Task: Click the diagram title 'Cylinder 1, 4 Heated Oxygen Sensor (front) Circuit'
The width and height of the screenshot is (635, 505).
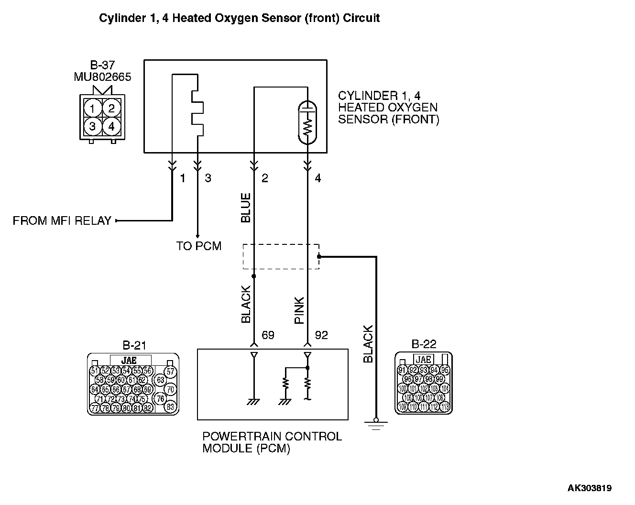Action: pos(239,18)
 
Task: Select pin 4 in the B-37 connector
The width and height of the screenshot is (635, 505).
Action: pos(111,127)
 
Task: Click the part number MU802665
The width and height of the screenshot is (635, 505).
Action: pos(102,77)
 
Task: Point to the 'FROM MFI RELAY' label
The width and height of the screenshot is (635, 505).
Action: pos(62,221)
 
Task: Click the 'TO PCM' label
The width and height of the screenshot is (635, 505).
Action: pos(198,246)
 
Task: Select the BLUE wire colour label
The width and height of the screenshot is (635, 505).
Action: pos(246,208)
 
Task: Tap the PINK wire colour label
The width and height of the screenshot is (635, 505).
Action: pos(299,310)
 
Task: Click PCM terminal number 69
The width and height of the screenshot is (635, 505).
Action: pos(268,335)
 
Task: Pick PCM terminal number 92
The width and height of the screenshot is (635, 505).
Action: pos(321,335)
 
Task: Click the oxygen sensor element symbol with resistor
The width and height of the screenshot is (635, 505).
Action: pos(307,123)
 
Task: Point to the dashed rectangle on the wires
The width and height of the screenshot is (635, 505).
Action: pos(281,256)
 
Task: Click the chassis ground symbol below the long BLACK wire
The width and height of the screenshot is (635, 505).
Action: pos(376,425)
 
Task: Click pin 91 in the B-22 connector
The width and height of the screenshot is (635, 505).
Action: pos(402,370)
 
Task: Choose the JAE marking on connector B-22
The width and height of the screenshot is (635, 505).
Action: pos(424,360)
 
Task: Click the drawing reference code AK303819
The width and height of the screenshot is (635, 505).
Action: pos(589,488)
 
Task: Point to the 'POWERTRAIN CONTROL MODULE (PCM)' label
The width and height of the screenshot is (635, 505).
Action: pos(272,442)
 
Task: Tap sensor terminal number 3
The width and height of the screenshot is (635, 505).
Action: pos(208,178)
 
